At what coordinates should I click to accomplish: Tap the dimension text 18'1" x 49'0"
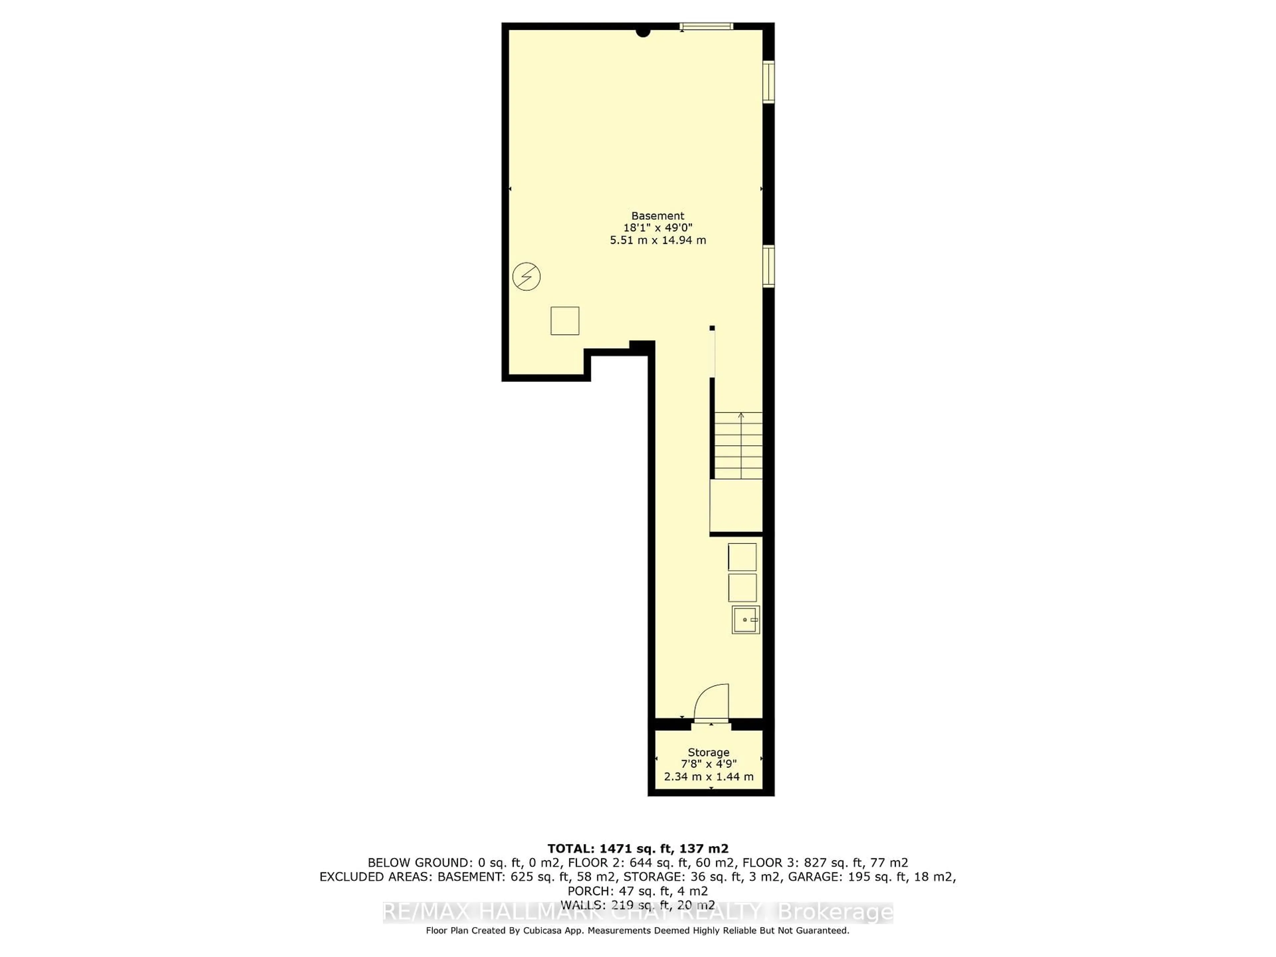click(x=658, y=228)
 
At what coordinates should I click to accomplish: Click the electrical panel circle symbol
click(x=526, y=277)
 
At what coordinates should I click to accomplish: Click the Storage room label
click(x=708, y=752)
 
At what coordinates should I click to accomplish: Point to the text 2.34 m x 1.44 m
click(x=708, y=777)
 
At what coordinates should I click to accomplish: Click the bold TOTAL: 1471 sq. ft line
click(x=637, y=849)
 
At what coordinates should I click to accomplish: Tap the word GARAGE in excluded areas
click(x=809, y=877)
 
